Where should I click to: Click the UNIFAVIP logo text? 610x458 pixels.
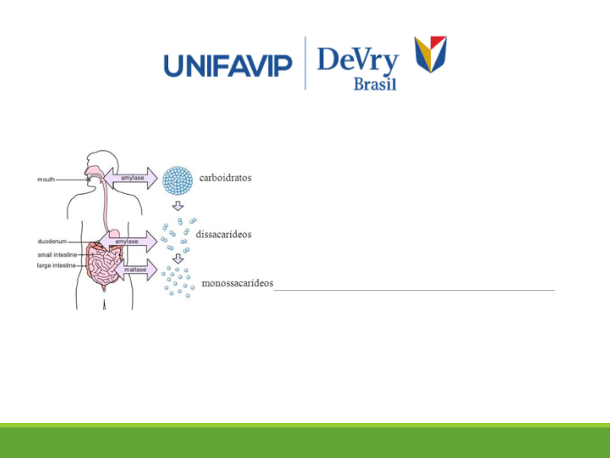tap(228, 66)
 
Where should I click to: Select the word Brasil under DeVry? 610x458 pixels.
tap(375, 84)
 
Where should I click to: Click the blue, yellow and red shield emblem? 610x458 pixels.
tap(431, 54)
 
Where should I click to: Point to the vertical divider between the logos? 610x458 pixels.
tap(305, 63)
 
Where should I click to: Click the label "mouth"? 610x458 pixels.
tap(46, 179)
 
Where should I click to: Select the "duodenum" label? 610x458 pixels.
tap(52, 241)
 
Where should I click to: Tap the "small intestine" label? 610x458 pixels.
tap(57, 255)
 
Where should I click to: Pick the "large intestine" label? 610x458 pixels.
tap(56, 265)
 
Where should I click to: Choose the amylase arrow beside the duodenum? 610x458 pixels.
tap(128, 241)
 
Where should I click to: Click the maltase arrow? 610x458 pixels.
tap(136, 270)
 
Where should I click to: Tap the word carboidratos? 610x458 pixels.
tap(225, 178)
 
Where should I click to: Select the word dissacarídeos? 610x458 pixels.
tap(224, 234)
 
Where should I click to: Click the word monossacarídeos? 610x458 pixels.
tap(237, 283)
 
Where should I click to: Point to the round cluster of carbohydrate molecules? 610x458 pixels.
tap(177, 180)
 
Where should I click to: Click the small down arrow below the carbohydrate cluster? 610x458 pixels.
tap(178, 206)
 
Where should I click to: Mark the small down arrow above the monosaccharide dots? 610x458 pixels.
tap(178, 258)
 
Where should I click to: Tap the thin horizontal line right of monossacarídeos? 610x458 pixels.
tap(414, 290)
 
